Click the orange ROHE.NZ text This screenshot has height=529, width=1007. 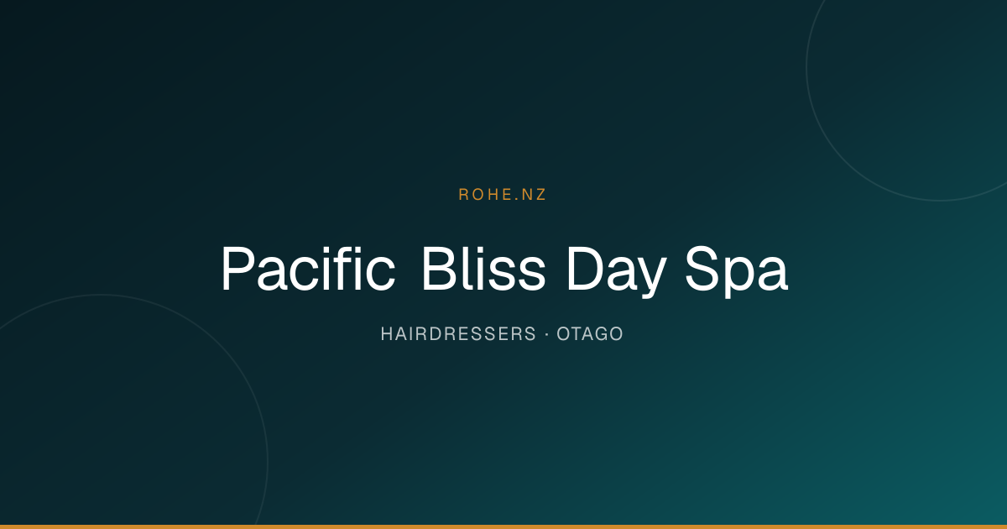(502, 194)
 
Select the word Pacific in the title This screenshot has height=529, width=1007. (308, 269)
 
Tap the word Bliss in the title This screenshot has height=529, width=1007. (483, 269)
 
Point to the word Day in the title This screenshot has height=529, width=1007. (617, 272)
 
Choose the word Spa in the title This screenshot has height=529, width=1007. (737, 272)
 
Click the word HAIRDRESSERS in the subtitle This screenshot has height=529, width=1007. (458, 334)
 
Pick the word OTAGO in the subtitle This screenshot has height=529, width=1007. (590, 334)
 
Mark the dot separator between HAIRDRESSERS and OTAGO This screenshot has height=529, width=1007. (546, 334)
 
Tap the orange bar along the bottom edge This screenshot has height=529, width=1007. (503, 526)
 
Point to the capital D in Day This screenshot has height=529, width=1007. (586, 269)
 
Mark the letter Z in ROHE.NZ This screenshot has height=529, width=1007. (540, 194)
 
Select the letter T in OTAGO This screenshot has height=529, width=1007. (577, 334)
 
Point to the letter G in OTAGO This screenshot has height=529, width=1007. (601, 334)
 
